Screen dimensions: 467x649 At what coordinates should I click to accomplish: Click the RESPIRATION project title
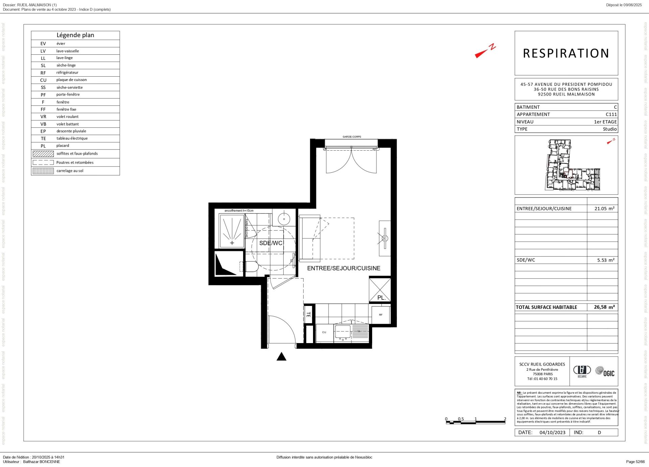(566, 53)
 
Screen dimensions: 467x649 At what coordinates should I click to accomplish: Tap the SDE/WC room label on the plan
(270, 243)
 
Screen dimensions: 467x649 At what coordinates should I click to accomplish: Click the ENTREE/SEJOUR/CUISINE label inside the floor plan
(343, 268)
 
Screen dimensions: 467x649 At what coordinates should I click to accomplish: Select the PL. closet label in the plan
(381, 297)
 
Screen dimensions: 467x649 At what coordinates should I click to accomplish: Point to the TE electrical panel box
(308, 314)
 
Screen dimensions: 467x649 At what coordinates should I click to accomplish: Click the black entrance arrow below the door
(281, 357)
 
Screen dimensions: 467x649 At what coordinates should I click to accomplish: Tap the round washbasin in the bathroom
(284, 219)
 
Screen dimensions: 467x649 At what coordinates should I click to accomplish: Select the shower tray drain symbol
(232, 243)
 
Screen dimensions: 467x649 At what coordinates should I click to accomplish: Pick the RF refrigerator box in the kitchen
(381, 315)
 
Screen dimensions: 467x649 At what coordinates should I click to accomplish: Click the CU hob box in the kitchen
(324, 332)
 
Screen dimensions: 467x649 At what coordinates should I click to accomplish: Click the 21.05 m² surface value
(604, 209)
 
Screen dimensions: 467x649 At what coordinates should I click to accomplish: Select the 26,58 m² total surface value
(604, 307)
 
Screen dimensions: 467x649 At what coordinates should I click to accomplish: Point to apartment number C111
(611, 114)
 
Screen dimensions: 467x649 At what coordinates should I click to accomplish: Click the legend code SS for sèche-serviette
(43, 87)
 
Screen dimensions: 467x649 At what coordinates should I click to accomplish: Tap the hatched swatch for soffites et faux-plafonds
(43, 154)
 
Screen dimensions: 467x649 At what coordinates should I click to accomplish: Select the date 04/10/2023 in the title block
(552, 432)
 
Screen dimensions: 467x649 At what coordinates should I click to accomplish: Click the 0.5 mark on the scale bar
(461, 419)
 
